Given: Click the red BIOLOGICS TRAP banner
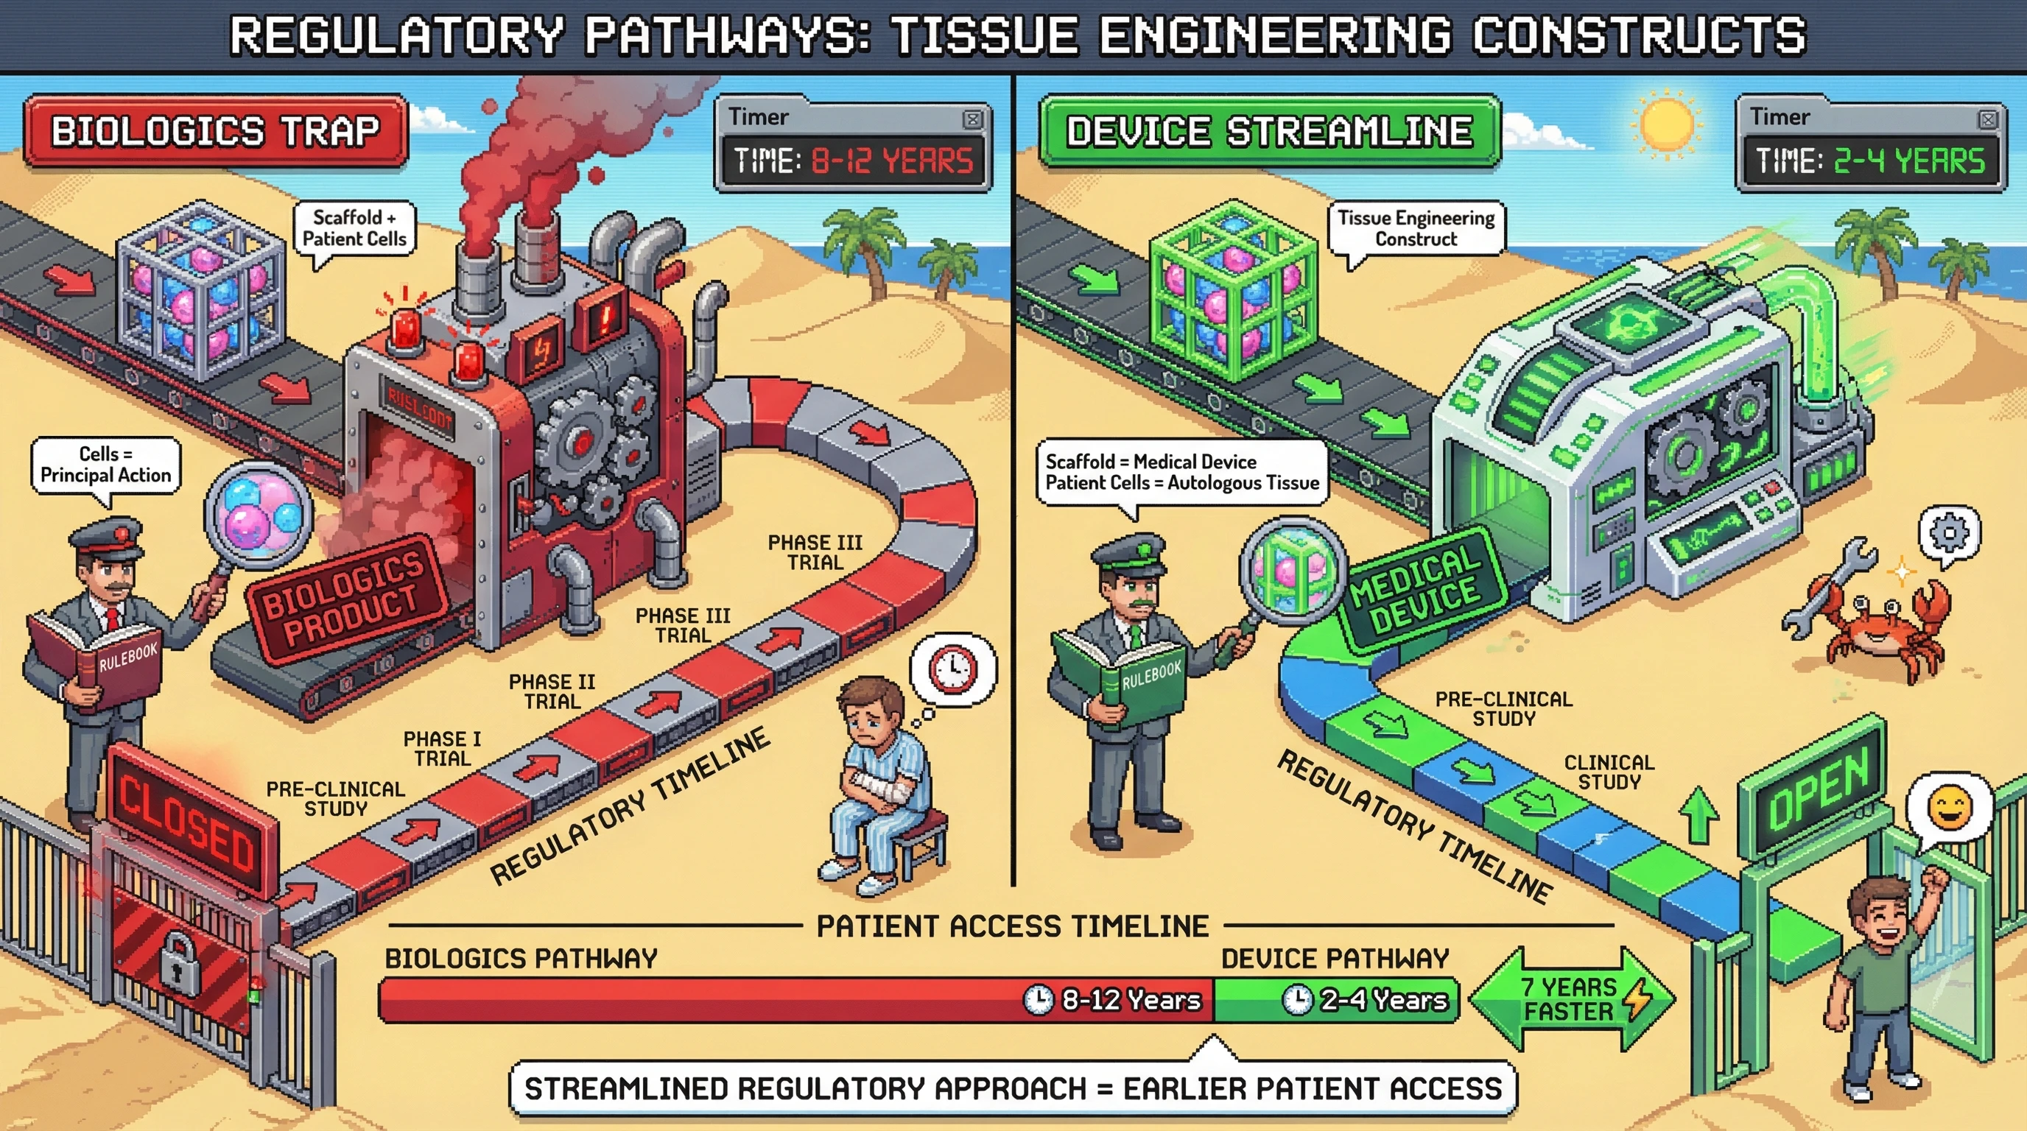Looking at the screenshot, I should pyautogui.click(x=215, y=130).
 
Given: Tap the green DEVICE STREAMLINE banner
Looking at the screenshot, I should pyautogui.click(x=1268, y=130).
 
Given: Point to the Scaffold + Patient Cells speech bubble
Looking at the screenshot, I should pyautogui.click(x=354, y=228).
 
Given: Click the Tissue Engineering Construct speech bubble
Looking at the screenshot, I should pyautogui.click(x=1416, y=228).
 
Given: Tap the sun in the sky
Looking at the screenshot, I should pyautogui.click(x=1666, y=124).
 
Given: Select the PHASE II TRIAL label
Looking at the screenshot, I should pyautogui.click(x=552, y=691).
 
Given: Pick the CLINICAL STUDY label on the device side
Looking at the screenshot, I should pyautogui.click(x=1609, y=772).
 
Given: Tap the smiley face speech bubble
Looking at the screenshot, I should pyautogui.click(x=1950, y=809).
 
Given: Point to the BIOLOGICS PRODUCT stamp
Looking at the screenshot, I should pyautogui.click(x=345, y=598).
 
